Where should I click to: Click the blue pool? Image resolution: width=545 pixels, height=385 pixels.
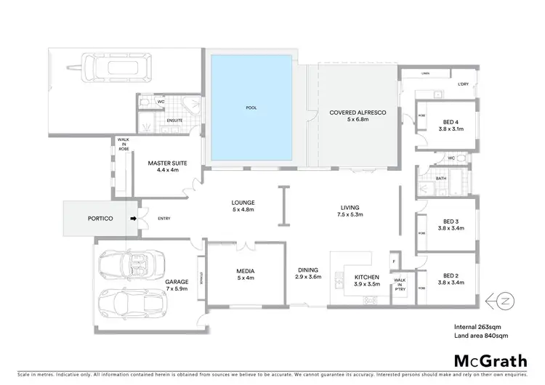pyautogui.click(x=251, y=108)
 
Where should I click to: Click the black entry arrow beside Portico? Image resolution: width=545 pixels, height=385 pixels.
pyautogui.click(x=132, y=217)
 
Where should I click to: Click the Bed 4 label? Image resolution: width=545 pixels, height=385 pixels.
pyautogui.click(x=451, y=122)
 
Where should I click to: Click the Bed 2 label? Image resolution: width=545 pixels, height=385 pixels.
pyautogui.click(x=451, y=275)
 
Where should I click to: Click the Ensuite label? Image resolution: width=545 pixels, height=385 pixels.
pyautogui.click(x=174, y=119)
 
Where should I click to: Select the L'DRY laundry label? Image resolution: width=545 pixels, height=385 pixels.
pyautogui.click(x=463, y=84)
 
